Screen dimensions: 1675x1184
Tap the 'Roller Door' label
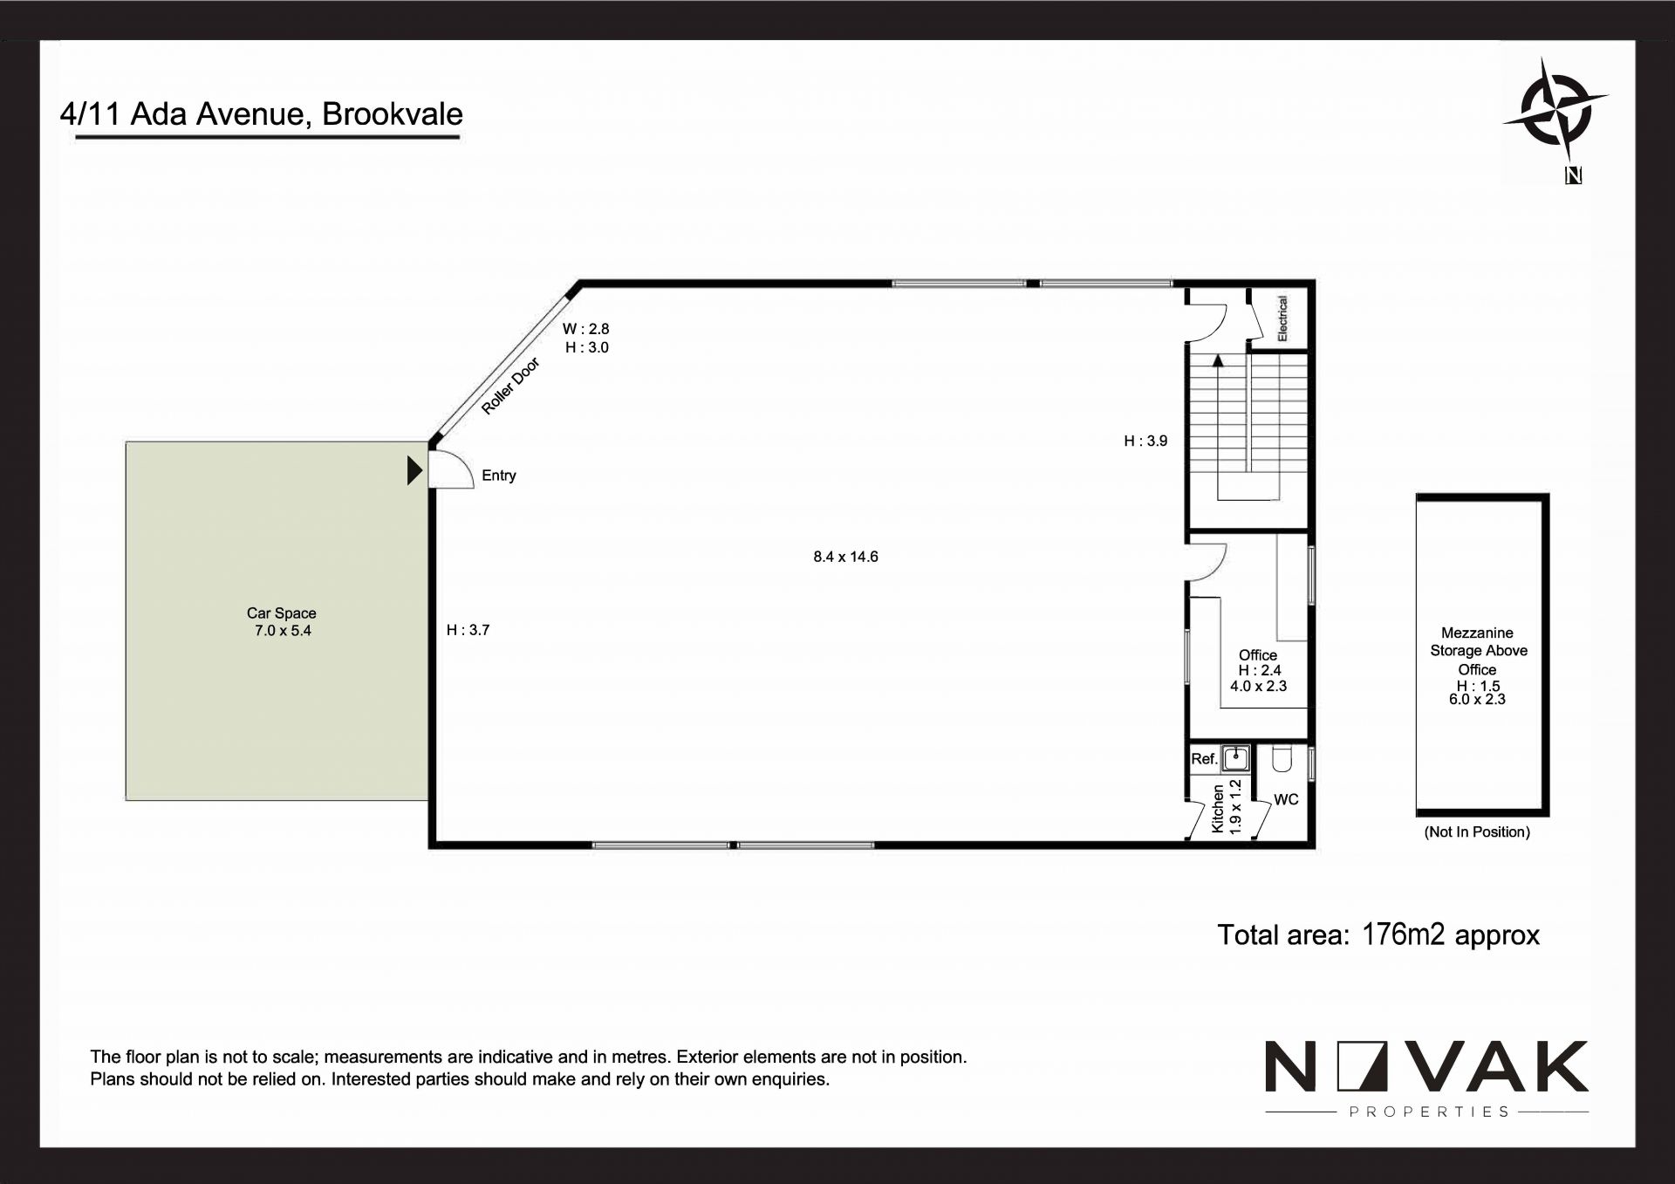(x=511, y=386)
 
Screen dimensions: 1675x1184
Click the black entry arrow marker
(x=415, y=471)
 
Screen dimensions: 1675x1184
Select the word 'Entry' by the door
(x=499, y=476)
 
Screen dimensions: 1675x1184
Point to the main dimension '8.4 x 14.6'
(x=845, y=557)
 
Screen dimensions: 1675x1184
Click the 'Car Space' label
(x=281, y=613)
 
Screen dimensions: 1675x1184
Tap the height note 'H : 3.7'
(x=468, y=630)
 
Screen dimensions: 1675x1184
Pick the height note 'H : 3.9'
(x=1145, y=441)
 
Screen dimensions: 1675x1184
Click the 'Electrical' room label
(x=1282, y=318)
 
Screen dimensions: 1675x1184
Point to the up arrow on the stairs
(x=1218, y=360)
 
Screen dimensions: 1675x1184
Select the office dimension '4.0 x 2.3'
(x=1258, y=687)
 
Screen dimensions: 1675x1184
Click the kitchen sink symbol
(x=1235, y=757)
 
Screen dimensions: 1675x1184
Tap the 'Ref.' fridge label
(x=1204, y=759)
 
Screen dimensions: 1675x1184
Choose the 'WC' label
(x=1286, y=800)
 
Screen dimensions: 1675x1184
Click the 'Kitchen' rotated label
(x=1219, y=808)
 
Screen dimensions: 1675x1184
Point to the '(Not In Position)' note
(x=1477, y=832)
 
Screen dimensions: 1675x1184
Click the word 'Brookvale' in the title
(x=393, y=114)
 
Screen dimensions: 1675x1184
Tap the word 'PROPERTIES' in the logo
(x=1429, y=1112)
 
